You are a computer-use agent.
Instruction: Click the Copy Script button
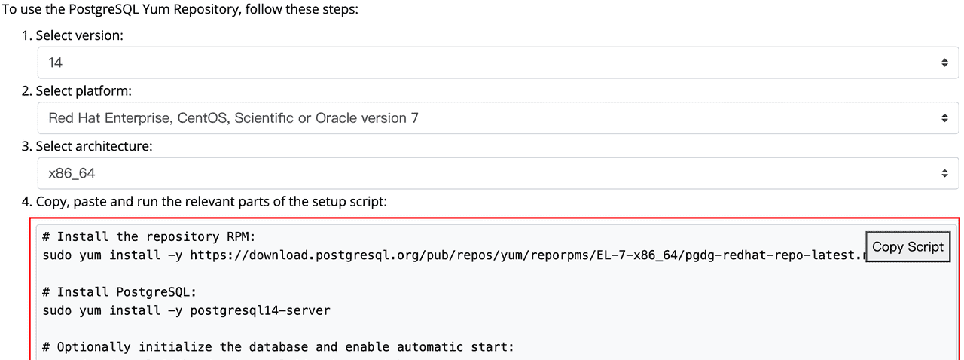[x=908, y=247]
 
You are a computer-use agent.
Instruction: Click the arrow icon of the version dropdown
[x=944, y=63]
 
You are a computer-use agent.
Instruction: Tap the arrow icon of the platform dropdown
[x=944, y=118]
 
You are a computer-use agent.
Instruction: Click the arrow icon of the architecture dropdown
[x=944, y=173]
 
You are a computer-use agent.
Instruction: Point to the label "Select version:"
[x=79, y=35]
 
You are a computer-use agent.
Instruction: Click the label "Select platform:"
[x=83, y=91]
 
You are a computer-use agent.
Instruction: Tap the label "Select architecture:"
[x=93, y=146]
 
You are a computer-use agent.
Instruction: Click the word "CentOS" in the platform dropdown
[x=203, y=118]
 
